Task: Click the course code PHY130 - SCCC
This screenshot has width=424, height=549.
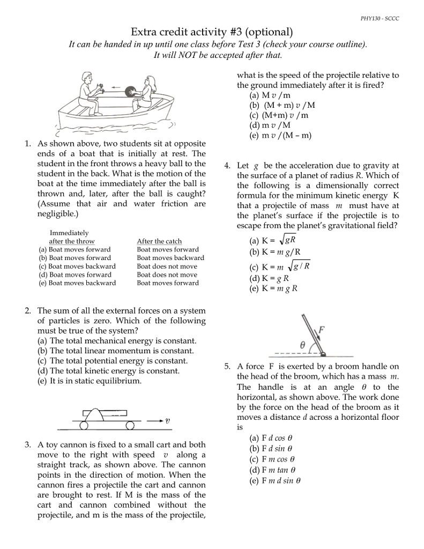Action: (x=380, y=19)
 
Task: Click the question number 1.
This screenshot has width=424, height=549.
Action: (x=27, y=144)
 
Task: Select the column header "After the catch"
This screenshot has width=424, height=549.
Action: (x=159, y=241)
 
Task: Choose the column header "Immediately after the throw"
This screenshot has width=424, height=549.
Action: (x=71, y=238)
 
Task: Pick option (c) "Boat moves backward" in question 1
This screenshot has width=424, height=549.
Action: (x=77, y=266)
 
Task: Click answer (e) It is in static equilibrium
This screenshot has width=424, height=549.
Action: (x=89, y=381)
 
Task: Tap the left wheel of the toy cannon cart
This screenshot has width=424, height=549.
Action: (x=84, y=426)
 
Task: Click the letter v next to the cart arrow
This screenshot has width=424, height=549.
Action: (x=168, y=421)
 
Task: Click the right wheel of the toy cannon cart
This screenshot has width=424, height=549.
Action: (x=130, y=426)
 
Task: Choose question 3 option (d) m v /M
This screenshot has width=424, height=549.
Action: (x=270, y=125)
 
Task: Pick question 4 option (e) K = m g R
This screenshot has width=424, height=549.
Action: (x=273, y=288)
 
